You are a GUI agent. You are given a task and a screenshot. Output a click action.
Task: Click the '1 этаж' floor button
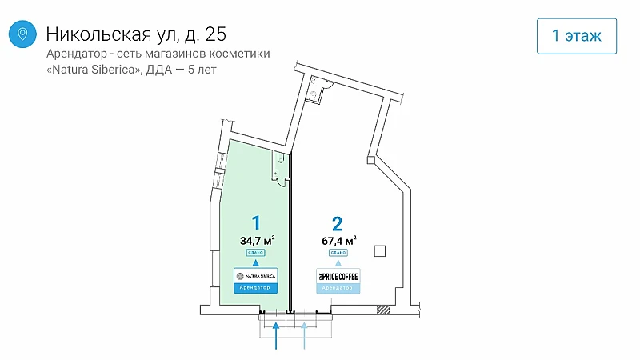click(x=576, y=35)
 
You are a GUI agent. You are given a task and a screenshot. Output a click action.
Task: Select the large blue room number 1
click(x=256, y=222)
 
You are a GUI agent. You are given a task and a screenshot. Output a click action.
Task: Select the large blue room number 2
click(x=338, y=222)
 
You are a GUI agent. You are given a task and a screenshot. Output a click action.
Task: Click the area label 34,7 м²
click(x=258, y=238)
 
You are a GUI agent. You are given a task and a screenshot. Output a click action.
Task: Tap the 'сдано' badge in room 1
click(x=256, y=252)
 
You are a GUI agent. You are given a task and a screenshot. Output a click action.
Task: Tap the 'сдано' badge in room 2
click(x=338, y=252)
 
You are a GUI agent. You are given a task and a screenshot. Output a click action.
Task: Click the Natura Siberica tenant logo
click(x=256, y=275)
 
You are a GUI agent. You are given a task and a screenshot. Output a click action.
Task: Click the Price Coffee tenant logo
click(x=338, y=275)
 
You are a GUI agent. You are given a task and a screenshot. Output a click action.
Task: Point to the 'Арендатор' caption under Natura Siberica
click(x=256, y=287)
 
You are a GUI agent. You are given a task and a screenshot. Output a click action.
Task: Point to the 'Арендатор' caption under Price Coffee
click(x=338, y=287)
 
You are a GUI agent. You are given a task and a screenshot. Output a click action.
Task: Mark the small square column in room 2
click(x=380, y=251)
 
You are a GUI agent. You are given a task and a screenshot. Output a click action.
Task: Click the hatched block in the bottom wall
click(x=384, y=310)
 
